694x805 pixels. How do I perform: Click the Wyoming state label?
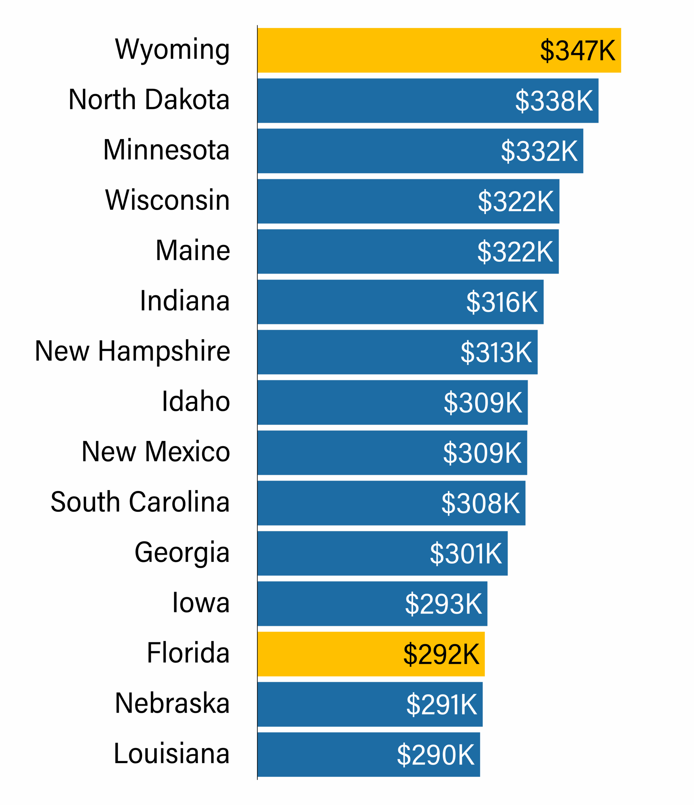[172, 50]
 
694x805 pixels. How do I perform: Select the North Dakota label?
[149, 100]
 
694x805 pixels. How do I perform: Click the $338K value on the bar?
[554, 101]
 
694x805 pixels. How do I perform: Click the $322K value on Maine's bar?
[515, 252]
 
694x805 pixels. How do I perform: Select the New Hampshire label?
[132, 351]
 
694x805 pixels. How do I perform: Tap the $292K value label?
[441, 654]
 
